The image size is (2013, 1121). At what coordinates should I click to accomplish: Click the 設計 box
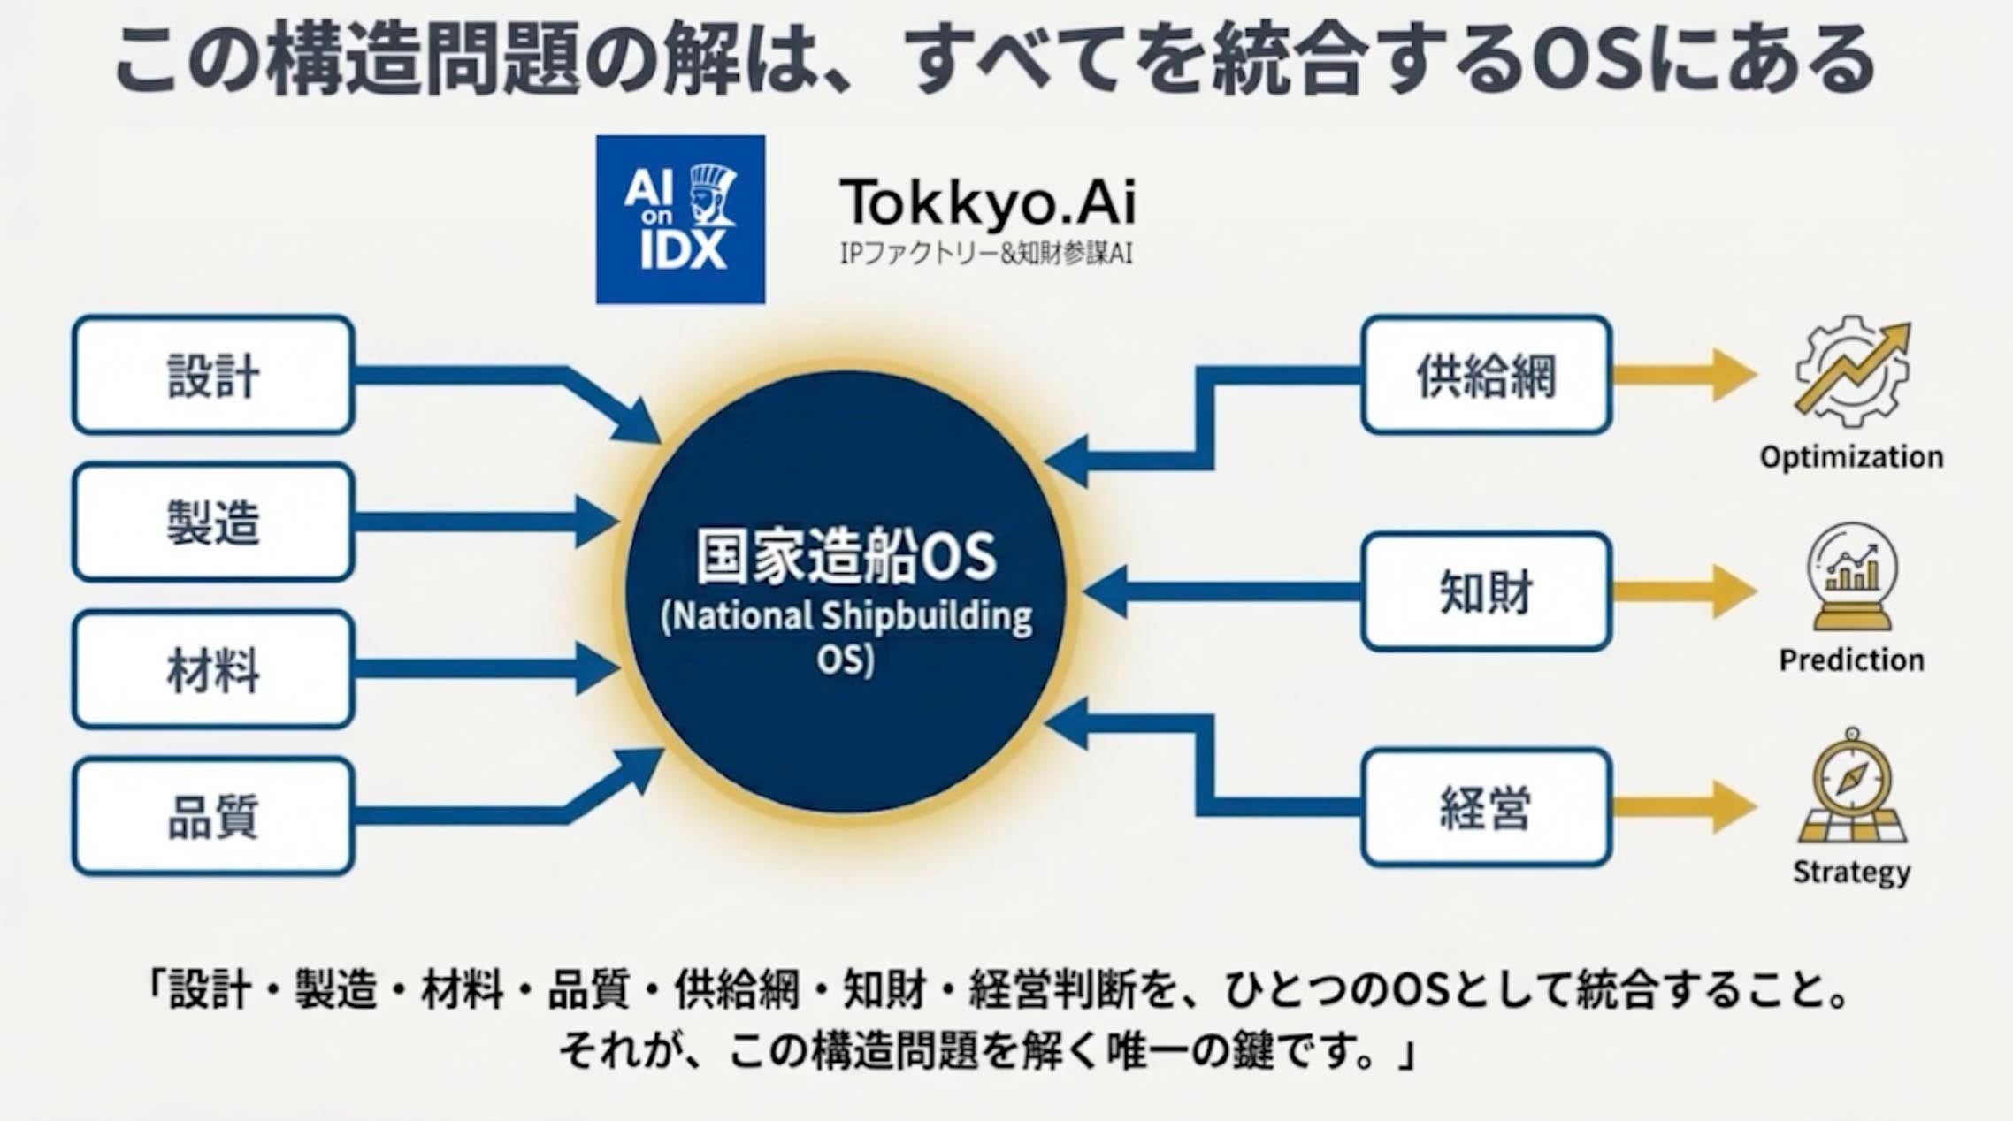click(x=213, y=375)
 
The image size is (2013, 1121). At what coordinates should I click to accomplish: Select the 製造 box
click(x=213, y=522)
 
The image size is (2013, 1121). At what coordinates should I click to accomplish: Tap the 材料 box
click(x=213, y=669)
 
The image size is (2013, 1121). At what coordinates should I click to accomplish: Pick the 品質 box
click(x=213, y=816)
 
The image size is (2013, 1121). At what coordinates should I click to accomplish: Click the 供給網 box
click(x=1486, y=375)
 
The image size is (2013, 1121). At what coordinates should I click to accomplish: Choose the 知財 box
click(x=1486, y=591)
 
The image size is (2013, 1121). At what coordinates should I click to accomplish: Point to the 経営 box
click(x=1486, y=807)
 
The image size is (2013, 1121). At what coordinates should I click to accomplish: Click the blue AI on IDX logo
click(x=680, y=219)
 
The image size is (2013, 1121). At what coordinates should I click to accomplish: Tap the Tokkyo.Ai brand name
click(x=987, y=202)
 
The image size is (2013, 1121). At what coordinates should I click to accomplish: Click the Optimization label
click(x=1851, y=457)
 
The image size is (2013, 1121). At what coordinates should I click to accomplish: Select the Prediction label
click(x=1851, y=660)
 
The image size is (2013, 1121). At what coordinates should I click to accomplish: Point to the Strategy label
click(x=1851, y=872)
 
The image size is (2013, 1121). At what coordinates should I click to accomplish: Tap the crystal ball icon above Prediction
click(x=1851, y=576)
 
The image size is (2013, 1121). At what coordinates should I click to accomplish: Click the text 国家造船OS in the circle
click(x=846, y=557)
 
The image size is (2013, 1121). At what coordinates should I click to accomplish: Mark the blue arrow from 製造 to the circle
click(x=486, y=522)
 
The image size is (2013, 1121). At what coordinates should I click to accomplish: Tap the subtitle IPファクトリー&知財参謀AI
click(x=985, y=255)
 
